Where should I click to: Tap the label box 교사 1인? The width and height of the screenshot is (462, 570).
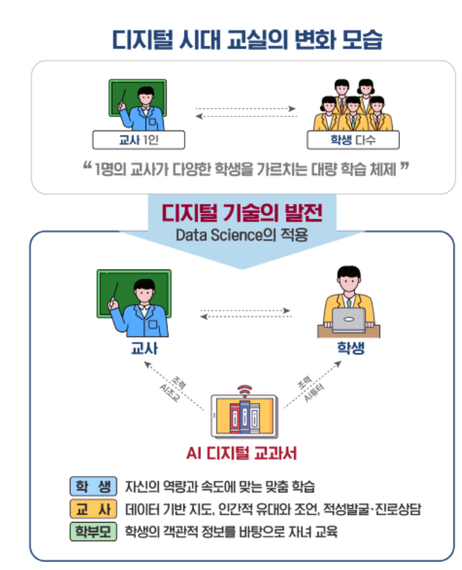tap(140, 140)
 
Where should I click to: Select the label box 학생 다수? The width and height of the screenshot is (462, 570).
tap(353, 140)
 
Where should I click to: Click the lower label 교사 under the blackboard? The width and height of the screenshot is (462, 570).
tap(145, 348)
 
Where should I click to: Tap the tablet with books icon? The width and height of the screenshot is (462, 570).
tap(245, 416)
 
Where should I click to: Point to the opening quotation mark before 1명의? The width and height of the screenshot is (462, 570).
tap(87, 168)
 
